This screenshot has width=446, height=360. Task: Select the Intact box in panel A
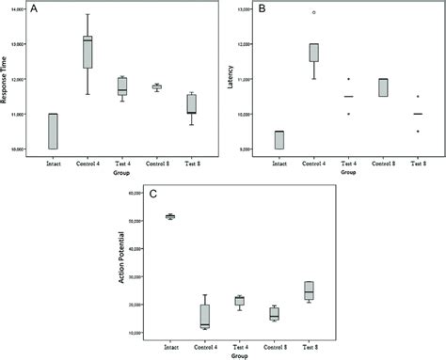point(53,131)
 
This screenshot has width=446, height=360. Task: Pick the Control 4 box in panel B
point(313,53)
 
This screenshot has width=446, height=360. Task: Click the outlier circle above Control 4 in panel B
point(314,13)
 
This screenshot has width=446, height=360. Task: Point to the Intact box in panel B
point(279,140)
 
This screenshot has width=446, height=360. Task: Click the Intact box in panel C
point(170,216)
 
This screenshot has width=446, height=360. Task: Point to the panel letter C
point(151,193)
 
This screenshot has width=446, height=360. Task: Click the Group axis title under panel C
point(240,355)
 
